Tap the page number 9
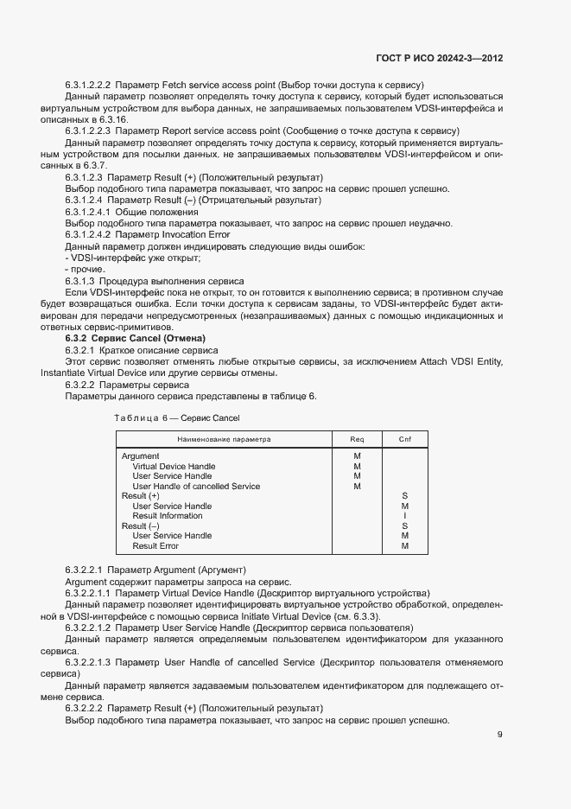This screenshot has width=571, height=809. pyautogui.click(x=500, y=736)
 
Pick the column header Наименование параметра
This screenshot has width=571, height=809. pyautogui.click(x=224, y=439)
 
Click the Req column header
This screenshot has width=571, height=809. pyautogui.click(x=357, y=439)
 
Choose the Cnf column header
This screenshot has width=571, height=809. pyautogui.click(x=404, y=439)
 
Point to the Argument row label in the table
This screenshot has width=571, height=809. pyautogui.click(x=140, y=455)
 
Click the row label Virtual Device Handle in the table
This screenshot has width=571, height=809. pyautogui.click(x=174, y=466)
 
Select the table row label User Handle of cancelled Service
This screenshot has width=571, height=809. pyautogui.click(x=196, y=487)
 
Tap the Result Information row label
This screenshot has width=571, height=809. pyautogui.click(x=167, y=516)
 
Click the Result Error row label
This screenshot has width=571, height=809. pyautogui.click(x=155, y=546)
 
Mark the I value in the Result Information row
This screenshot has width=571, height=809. pyautogui.click(x=404, y=516)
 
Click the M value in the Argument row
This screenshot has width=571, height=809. pyautogui.click(x=357, y=455)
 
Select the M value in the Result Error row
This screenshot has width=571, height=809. pyautogui.click(x=404, y=546)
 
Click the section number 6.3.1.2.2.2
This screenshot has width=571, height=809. pyautogui.click(x=88, y=85)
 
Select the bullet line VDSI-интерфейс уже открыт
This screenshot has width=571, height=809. pyautogui.click(x=133, y=258)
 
